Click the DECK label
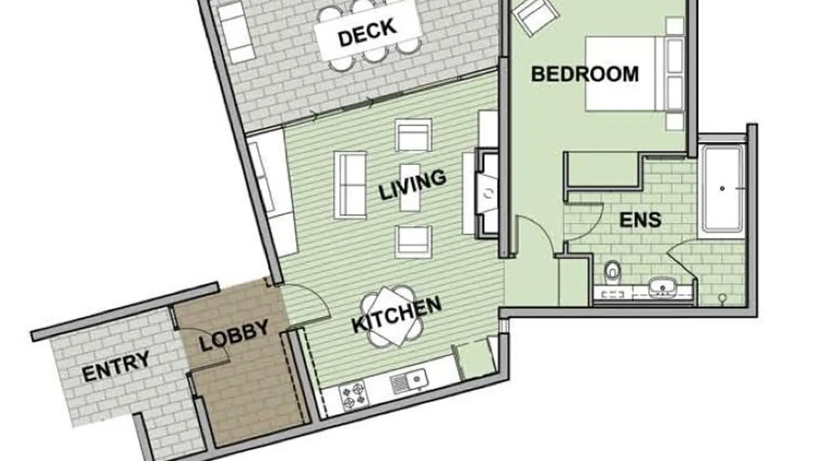[368, 32]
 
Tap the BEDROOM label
[585, 74]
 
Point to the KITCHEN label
[397, 315]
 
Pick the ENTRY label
[116, 366]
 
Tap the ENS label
[640, 220]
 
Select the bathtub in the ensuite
[722, 188]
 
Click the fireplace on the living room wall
[487, 193]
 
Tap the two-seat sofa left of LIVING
[353, 185]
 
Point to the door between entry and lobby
[203, 346]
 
